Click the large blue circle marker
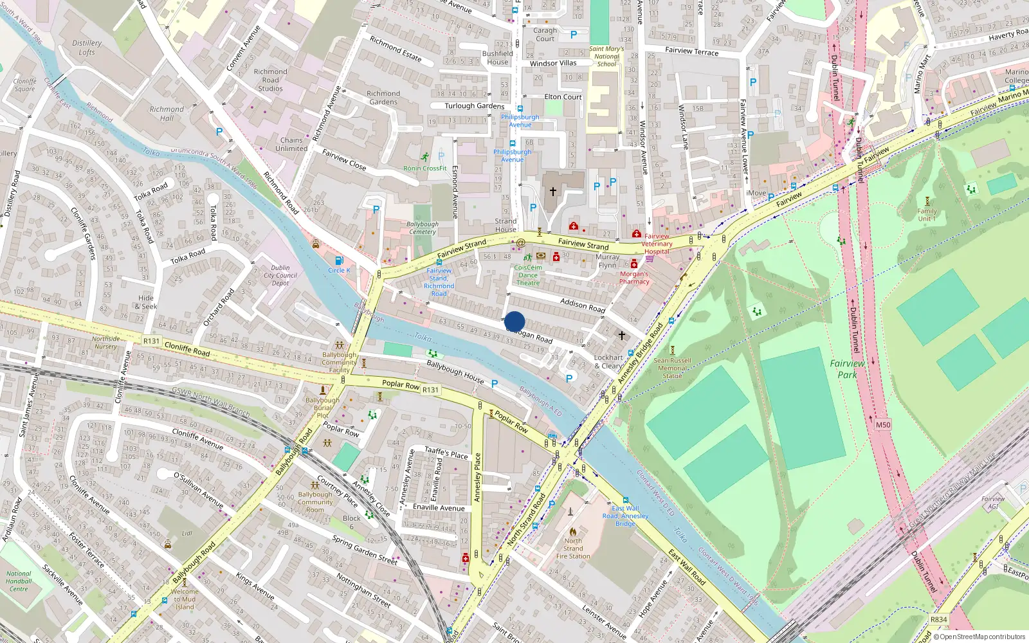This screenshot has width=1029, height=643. (514, 321)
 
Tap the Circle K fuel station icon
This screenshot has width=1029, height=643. (339, 260)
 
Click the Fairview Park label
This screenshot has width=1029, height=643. (847, 368)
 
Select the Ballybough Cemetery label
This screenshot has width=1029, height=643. (422, 228)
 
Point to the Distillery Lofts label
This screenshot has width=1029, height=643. (87, 48)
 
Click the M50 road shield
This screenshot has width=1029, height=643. (883, 424)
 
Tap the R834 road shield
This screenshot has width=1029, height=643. (938, 619)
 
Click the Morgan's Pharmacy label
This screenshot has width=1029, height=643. (634, 278)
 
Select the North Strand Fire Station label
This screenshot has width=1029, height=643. (573, 548)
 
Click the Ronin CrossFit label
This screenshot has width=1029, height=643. (424, 168)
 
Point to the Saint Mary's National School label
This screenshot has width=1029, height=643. (606, 57)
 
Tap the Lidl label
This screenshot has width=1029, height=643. (187, 533)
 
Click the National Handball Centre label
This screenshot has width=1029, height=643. (19, 581)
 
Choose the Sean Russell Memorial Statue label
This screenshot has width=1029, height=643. (672, 368)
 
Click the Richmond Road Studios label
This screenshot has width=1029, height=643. (270, 80)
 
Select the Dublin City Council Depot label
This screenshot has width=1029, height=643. (280, 275)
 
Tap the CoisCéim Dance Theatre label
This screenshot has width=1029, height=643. (528, 275)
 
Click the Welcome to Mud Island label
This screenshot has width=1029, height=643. (185, 599)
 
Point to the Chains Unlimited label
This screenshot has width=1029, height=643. (291, 144)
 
